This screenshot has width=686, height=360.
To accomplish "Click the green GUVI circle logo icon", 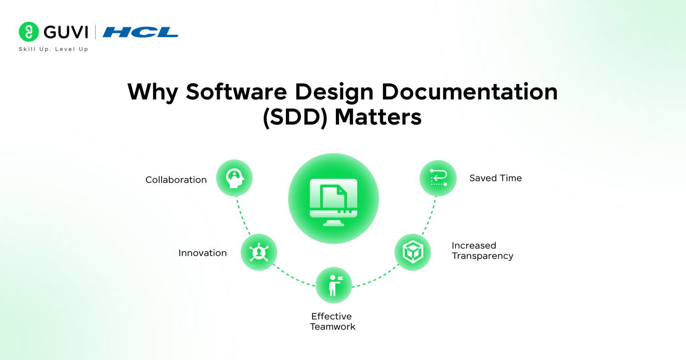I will (x=29, y=32).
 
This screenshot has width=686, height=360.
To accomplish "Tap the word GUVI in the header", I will (x=66, y=32).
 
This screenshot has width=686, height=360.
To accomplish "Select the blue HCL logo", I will (x=140, y=32).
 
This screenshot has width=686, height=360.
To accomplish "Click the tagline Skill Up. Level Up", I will (x=54, y=49).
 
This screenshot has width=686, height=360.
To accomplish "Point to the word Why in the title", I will (x=152, y=92).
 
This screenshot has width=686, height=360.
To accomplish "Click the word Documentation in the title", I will (x=469, y=92).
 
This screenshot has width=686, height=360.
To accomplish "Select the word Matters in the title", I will (x=378, y=117).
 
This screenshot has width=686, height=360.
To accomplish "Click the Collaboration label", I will (x=176, y=180).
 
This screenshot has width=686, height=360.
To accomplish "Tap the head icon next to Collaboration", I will (x=234, y=178).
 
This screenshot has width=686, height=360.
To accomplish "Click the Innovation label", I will (x=202, y=253).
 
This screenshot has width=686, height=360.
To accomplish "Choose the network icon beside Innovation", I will (x=259, y=252).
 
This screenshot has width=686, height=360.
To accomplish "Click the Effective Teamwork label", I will (x=332, y=322).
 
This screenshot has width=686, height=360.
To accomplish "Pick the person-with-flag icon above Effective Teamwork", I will (x=334, y=285).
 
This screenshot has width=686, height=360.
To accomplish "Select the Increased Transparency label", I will (x=482, y=251).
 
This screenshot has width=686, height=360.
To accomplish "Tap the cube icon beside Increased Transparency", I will (x=413, y=252).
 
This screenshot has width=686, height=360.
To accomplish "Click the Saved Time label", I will (x=495, y=178).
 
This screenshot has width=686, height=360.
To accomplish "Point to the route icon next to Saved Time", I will (x=438, y=178).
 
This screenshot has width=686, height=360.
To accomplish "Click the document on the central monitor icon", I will (x=333, y=197).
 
